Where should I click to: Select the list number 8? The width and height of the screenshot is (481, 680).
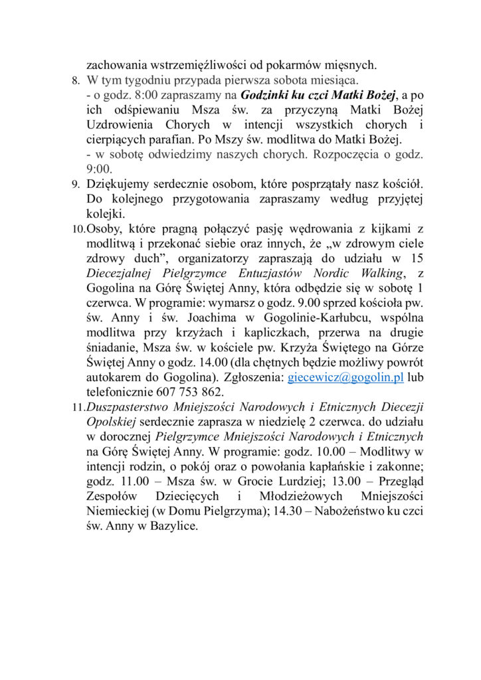tap(75, 81)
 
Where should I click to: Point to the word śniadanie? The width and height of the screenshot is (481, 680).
tap(112, 347)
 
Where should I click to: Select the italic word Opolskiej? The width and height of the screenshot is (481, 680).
tap(111, 422)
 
